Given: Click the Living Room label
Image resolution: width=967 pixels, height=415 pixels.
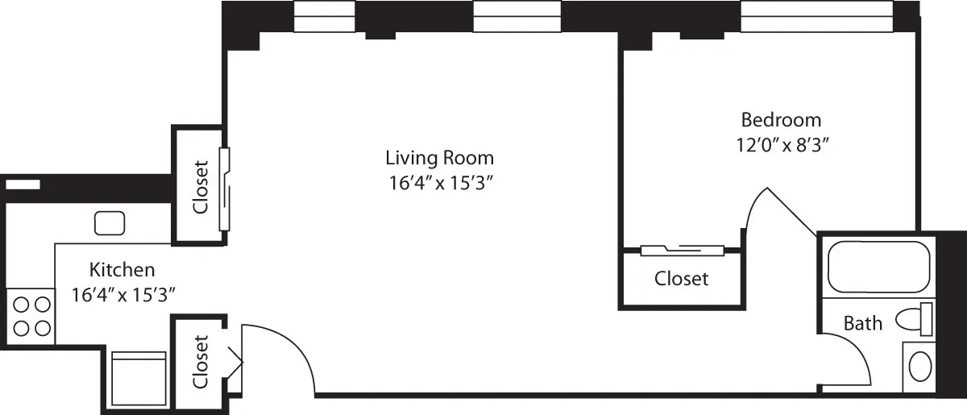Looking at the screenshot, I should [439, 157].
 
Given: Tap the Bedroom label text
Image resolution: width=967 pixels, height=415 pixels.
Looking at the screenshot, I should [781, 120].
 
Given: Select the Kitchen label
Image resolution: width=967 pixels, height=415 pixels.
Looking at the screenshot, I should [122, 269].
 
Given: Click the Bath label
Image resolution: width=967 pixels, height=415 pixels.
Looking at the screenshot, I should [862, 324].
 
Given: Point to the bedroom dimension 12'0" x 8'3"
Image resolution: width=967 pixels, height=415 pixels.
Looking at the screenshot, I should [781, 145].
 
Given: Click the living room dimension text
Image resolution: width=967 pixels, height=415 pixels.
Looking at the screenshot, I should [439, 183].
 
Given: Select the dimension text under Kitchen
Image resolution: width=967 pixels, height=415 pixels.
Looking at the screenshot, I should [122, 294].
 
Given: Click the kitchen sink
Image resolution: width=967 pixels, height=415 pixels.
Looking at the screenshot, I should [109, 222].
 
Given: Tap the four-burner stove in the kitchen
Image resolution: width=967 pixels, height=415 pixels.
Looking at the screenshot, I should [31, 316].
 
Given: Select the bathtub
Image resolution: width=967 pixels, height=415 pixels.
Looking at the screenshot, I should [878, 267].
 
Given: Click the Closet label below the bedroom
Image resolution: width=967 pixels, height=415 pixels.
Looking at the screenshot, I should [681, 279].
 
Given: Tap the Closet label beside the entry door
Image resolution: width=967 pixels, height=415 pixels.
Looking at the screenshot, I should [200, 362].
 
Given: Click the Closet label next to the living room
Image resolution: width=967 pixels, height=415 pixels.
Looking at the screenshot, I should [200, 186].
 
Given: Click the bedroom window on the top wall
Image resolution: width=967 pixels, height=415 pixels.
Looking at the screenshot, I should [816, 16].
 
